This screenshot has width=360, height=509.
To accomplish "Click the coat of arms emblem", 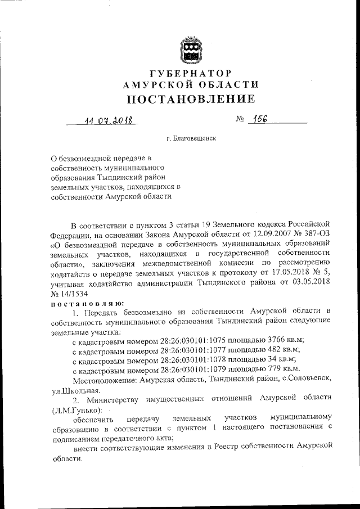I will pyautogui.click(x=191, y=49).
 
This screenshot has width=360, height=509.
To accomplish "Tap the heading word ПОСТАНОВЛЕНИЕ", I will pyautogui.click(x=191, y=100).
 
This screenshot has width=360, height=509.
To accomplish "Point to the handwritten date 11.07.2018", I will pyautogui.click(x=103, y=120).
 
